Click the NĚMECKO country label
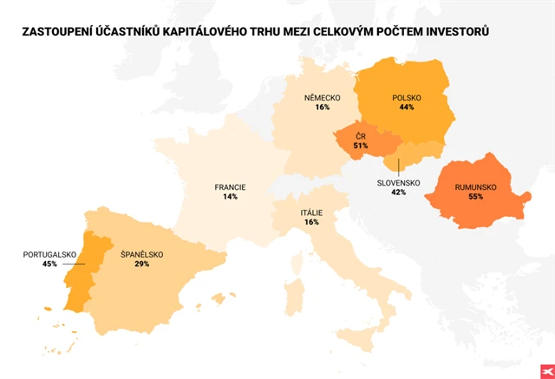point(323,97)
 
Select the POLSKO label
point(407,97)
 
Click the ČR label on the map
point(360,135)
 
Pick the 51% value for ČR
point(360,145)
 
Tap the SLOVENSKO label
point(398,183)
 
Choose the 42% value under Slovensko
point(398,193)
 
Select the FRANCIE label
point(230,186)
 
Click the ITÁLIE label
point(311,212)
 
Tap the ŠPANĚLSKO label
point(141,254)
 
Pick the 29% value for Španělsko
point(141,264)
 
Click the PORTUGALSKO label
point(50,254)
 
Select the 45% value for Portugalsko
point(50,264)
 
